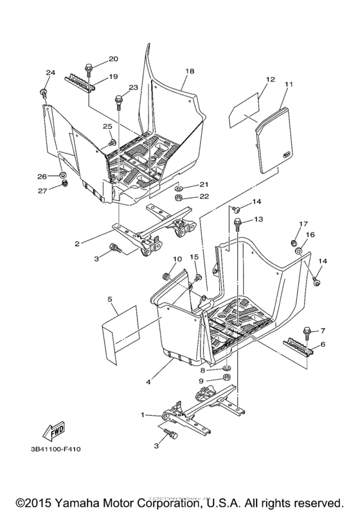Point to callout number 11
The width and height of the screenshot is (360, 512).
(x=289, y=84)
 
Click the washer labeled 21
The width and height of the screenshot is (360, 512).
(x=181, y=186)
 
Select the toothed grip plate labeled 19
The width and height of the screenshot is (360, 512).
(x=80, y=82)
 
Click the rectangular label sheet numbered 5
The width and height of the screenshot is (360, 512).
(x=122, y=329)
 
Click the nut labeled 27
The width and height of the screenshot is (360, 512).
(x=64, y=186)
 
